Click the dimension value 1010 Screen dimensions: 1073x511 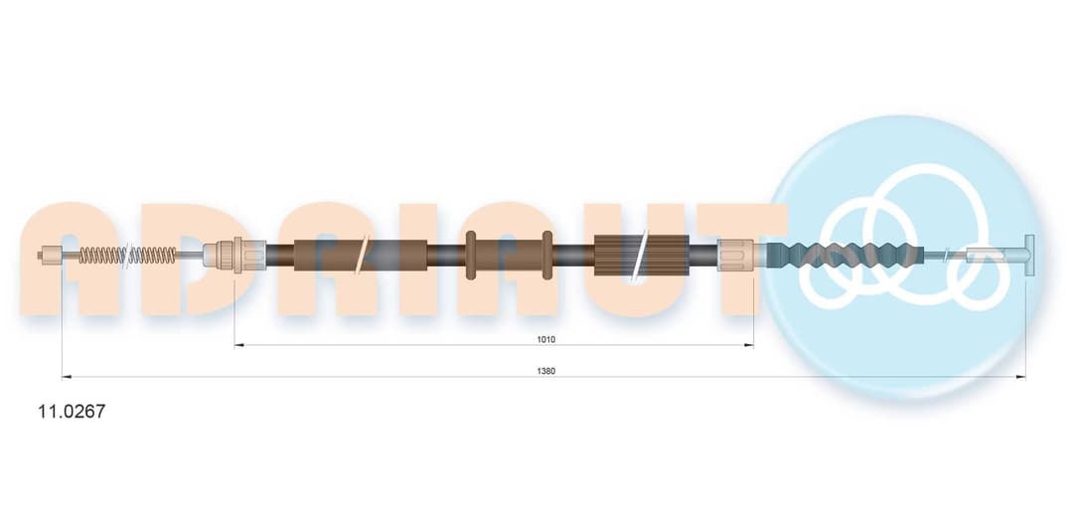546,339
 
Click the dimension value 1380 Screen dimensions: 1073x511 546,371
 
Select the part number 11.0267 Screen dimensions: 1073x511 72,412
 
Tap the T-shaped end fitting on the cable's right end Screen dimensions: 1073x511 1028,255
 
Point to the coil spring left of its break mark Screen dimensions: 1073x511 102,255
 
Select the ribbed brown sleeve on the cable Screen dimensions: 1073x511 641,255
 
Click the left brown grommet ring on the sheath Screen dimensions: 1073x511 470,255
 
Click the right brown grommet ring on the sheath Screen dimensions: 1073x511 546,255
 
